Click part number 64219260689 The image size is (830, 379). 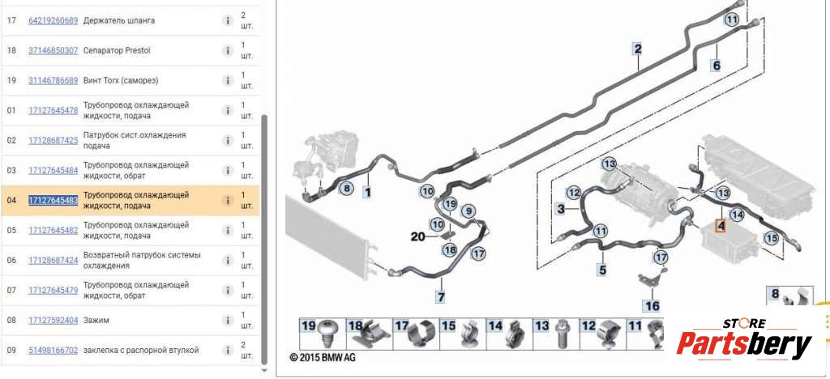pyautogui.click(x=53, y=20)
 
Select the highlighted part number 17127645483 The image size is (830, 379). pyautogui.click(x=53, y=200)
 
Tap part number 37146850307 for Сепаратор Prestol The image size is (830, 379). pyautogui.click(x=53, y=51)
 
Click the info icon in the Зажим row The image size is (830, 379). pyautogui.click(x=227, y=321)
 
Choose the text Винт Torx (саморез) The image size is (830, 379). pyautogui.click(x=121, y=81)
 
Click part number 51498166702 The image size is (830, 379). pyautogui.click(x=53, y=351)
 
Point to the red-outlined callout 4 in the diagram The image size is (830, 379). pyautogui.click(x=720, y=226)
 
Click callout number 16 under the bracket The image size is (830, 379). pyautogui.click(x=652, y=305)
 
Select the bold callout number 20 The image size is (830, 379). pyautogui.click(x=418, y=236)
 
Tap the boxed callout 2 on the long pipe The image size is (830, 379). pyautogui.click(x=638, y=49)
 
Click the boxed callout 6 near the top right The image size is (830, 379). pyautogui.click(x=717, y=66)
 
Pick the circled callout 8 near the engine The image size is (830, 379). pyautogui.click(x=346, y=188)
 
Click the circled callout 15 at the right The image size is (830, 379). pyautogui.click(x=772, y=238)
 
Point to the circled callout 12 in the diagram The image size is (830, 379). pyautogui.click(x=574, y=193)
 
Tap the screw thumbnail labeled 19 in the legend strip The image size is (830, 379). pyautogui.click(x=323, y=334)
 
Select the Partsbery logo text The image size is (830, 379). pyautogui.click(x=744, y=344)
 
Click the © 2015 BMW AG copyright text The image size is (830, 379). pyautogui.click(x=323, y=358)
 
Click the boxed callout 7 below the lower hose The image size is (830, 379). pyautogui.click(x=440, y=297)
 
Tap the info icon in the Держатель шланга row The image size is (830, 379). pyautogui.click(x=227, y=20)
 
